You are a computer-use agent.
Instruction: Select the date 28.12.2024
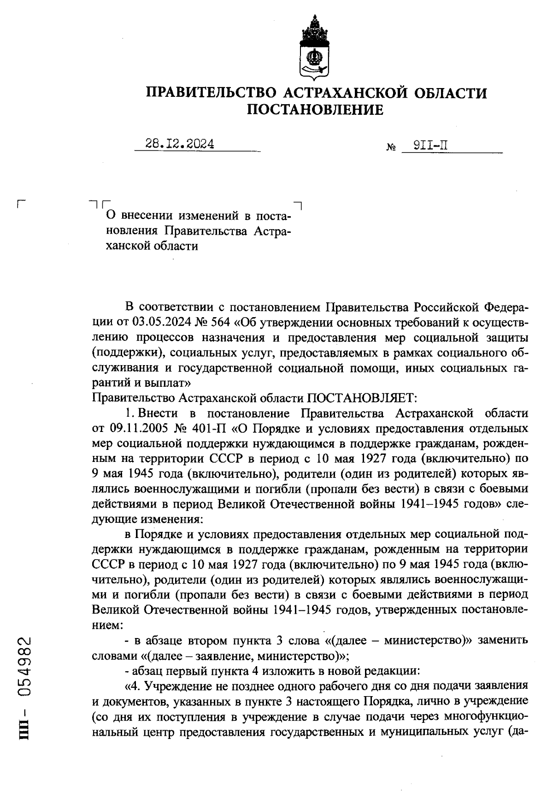point(180,144)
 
